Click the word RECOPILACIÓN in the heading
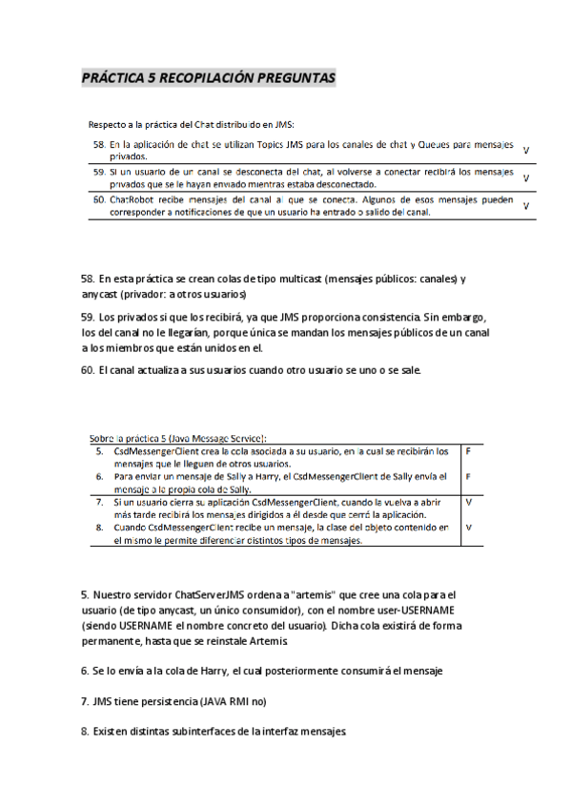coord(209,78)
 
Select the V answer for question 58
coord(526,151)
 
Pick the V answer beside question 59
coord(526,178)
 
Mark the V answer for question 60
coord(526,205)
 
